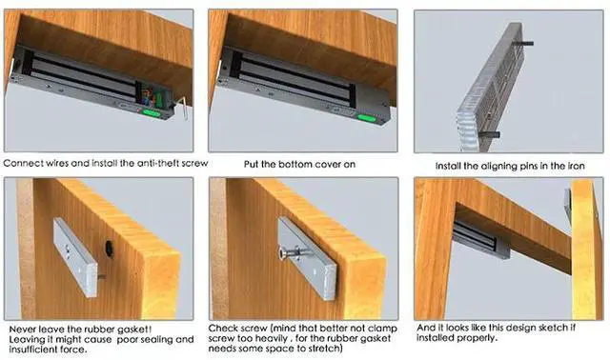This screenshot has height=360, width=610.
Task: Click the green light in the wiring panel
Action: click(152, 113)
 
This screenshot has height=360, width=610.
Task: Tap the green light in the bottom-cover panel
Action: click(366, 118)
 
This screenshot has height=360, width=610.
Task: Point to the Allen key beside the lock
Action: click(182, 108)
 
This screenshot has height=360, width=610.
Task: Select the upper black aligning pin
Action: click(523, 43)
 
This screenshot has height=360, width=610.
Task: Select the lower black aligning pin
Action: click(489, 134)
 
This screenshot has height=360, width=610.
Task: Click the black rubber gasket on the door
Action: click(110, 249)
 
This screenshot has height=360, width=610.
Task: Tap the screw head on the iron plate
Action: click(282, 253)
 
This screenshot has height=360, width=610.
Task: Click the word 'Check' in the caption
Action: click(223, 329)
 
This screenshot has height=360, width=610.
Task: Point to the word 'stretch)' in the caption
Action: click(326, 349)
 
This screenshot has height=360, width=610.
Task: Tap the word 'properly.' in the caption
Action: click(478, 338)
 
